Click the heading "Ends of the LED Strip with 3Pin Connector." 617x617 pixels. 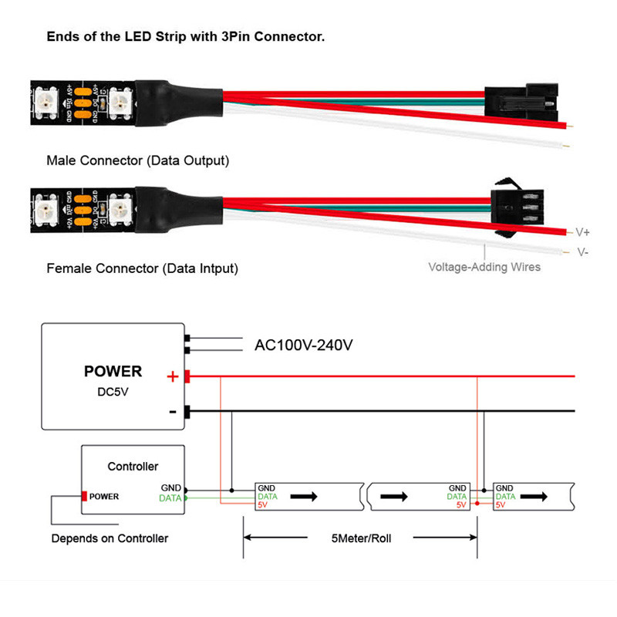[x=185, y=36]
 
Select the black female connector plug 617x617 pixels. [x=509, y=206]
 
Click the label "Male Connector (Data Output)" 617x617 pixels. [x=138, y=161]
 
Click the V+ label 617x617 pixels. [x=583, y=231]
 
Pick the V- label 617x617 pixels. [x=582, y=252]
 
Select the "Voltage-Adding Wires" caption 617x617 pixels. [x=484, y=268]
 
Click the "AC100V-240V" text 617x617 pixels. [x=304, y=345]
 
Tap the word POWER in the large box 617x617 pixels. [x=113, y=372]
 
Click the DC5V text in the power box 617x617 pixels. [x=113, y=393]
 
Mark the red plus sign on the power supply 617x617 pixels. [x=174, y=377]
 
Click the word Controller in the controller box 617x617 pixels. [x=133, y=467]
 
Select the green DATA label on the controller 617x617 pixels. [x=170, y=498]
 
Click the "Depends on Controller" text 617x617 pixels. [x=110, y=538]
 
